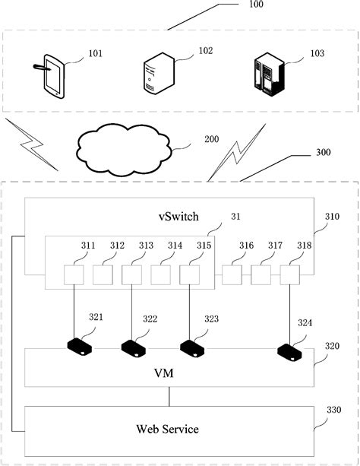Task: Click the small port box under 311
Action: [74, 274]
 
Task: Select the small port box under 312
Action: [103, 274]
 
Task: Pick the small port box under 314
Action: [160, 274]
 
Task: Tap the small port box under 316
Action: [231, 274]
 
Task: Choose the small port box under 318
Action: [289, 274]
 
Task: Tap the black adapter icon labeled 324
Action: [290, 351]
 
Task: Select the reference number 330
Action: [333, 410]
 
